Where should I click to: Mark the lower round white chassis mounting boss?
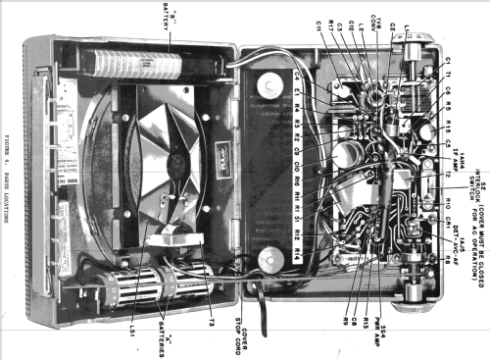coord(269,261)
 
